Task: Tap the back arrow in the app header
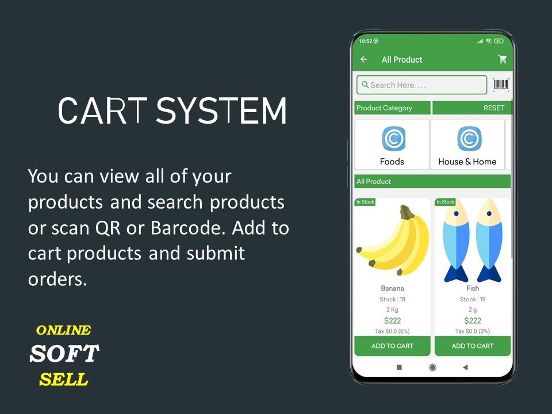[x=363, y=59]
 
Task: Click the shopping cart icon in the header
[x=503, y=59]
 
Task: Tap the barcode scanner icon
[x=501, y=85]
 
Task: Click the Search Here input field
[x=421, y=85]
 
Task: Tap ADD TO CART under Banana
[x=392, y=346]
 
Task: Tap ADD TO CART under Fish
[x=473, y=346]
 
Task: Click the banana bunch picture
[x=393, y=240]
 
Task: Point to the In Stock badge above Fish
[x=445, y=202]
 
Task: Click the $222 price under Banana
[x=392, y=321]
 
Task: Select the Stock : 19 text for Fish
[x=473, y=299]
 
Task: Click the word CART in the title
[x=102, y=110]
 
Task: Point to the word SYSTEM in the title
[x=221, y=110]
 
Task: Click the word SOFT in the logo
[x=64, y=354]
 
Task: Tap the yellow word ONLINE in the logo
[x=63, y=330]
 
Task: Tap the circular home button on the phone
[x=432, y=367]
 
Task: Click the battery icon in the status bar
[x=499, y=41]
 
